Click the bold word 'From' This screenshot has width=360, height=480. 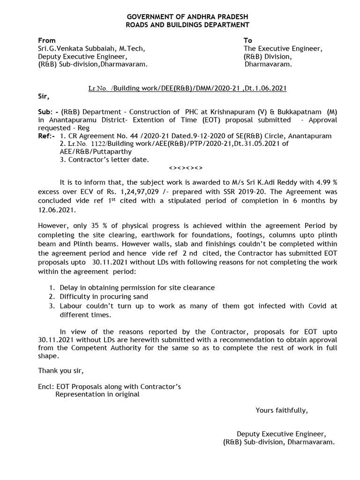pyautogui.click(x=46, y=41)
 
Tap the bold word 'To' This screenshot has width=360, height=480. pyautogui.click(x=248, y=41)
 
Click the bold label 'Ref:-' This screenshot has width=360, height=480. pyautogui.click(x=46, y=136)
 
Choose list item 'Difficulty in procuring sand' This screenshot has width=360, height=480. pyautogui.click(x=104, y=296)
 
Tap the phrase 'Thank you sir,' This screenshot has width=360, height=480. pyautogui.click(x=61, y=371)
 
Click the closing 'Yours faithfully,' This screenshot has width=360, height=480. pyautogui.click(x=282, y=411)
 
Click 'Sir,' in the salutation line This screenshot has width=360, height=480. pyautogui.click(x=43, y=97)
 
